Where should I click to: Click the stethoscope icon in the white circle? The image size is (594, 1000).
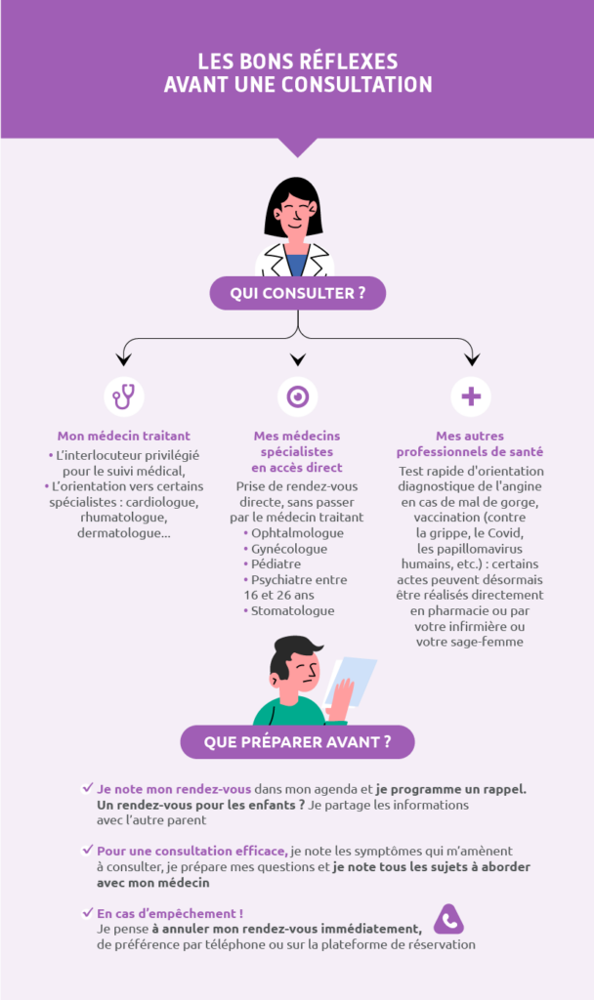(124, 396)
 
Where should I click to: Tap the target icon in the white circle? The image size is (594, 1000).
(298, 396)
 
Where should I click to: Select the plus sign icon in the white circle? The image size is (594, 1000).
(471, 396)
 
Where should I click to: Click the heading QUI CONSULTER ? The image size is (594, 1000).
(298, 293)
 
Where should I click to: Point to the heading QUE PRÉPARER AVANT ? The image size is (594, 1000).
(297, 742)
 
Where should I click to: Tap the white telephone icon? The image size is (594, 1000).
(449, 921)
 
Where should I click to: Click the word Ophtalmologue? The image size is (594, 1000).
(297, 533)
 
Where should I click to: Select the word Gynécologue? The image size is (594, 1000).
(289, 549)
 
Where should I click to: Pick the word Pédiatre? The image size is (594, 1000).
(276, 564)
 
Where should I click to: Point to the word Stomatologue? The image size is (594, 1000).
(292, 611)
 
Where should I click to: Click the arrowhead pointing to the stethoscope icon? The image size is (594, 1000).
(124, 357)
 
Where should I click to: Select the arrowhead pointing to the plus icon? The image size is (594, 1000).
(471, 357)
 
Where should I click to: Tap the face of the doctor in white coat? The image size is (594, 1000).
(294, 213)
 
